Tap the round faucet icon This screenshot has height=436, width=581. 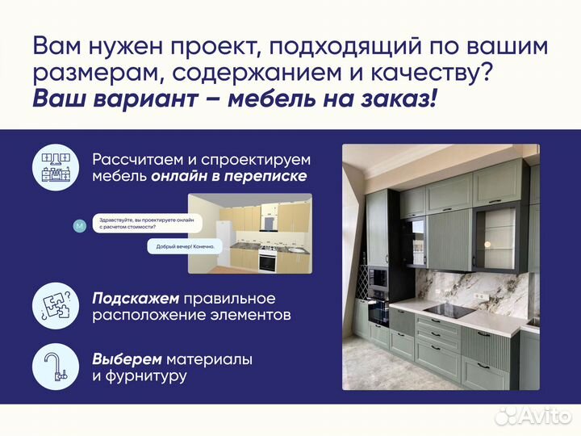click(x=55, y=367)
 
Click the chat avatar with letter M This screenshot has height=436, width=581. click(x=78, y=226)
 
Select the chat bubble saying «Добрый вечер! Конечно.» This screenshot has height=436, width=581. click(x=182, y=247)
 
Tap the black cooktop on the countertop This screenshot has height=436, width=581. click(x=448, y=311)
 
